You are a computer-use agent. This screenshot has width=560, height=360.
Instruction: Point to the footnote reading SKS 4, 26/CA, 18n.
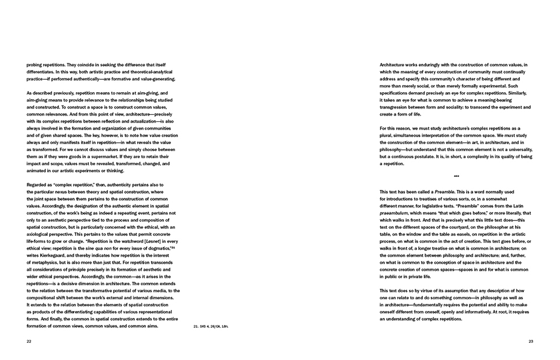tap(210, 326)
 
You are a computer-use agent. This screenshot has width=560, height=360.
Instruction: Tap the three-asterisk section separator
tap(456, 176)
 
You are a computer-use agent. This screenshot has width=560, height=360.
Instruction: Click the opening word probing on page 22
tap(36, 65)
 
